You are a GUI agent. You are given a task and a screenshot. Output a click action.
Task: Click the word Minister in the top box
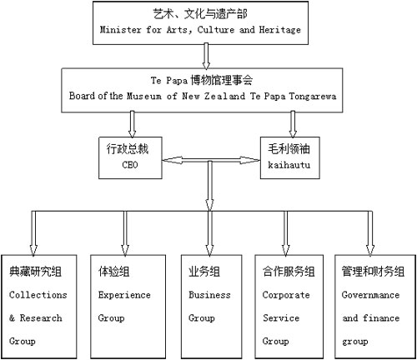(x=120, y=29)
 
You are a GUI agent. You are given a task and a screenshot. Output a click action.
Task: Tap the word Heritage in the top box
(x=280, y=30)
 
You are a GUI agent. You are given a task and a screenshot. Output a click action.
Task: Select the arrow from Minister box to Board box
(x=206, y=57)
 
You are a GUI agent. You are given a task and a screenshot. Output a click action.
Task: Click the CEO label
(x=130, y=165)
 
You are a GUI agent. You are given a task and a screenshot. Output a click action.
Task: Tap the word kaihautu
(x=289, y=165)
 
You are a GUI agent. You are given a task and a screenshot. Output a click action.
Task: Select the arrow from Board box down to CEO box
(x=132, y=124)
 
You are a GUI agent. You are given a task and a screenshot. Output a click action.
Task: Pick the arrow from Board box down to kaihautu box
(x=293, y=124)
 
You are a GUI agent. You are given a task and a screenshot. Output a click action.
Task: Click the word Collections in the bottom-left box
(x=38, y=295)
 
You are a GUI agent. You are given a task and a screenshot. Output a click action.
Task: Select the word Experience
(x=124, y=295)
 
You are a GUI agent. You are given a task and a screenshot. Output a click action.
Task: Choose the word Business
(x=209, y=295)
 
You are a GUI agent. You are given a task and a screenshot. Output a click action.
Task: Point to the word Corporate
(x=286, y=295)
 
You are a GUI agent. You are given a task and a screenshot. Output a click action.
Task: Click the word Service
(x=281, y=317)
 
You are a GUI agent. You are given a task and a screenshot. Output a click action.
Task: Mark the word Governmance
(x=370, y=295)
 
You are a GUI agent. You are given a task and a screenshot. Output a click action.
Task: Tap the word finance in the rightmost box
(x=381, y=317)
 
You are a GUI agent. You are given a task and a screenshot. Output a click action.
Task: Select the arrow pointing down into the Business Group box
(x=209, y=233)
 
